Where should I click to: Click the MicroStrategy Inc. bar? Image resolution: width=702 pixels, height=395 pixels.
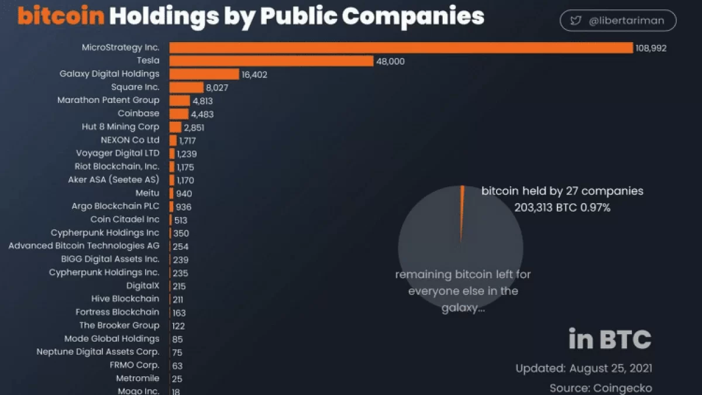(x=401, y=48)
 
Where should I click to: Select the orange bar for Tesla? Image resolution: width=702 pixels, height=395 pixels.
(x=271, y=61)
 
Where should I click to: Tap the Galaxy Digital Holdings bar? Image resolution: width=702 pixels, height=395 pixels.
(x=204, y=74)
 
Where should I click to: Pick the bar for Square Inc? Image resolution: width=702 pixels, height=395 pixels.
(x=186, y=87)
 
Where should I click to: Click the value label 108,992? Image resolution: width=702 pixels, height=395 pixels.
(x=651, y=48)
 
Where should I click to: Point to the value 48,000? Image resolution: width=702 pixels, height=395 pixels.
(x=390, y=61)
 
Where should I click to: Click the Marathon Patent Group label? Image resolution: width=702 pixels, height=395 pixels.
(x=108, y=100)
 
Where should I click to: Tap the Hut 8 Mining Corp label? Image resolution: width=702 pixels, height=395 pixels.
(x=121, y=126)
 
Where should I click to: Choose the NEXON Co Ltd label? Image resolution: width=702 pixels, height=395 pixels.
(x=130, y=140)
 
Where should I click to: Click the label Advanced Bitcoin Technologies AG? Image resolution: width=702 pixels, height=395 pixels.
(x=84, y=246)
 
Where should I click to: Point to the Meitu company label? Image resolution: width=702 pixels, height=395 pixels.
(x=147, y=193)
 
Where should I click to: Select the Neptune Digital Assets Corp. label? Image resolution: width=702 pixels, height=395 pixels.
(x=98, y=352)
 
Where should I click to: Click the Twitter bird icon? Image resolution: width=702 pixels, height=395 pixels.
(x=576, y=20)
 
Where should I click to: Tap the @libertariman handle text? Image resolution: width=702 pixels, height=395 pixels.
(x=626, y=20)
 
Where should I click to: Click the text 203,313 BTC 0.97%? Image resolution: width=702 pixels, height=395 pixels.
(x=562, y=207)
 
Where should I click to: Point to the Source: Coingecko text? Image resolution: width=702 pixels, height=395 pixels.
(x=601, y=387)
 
